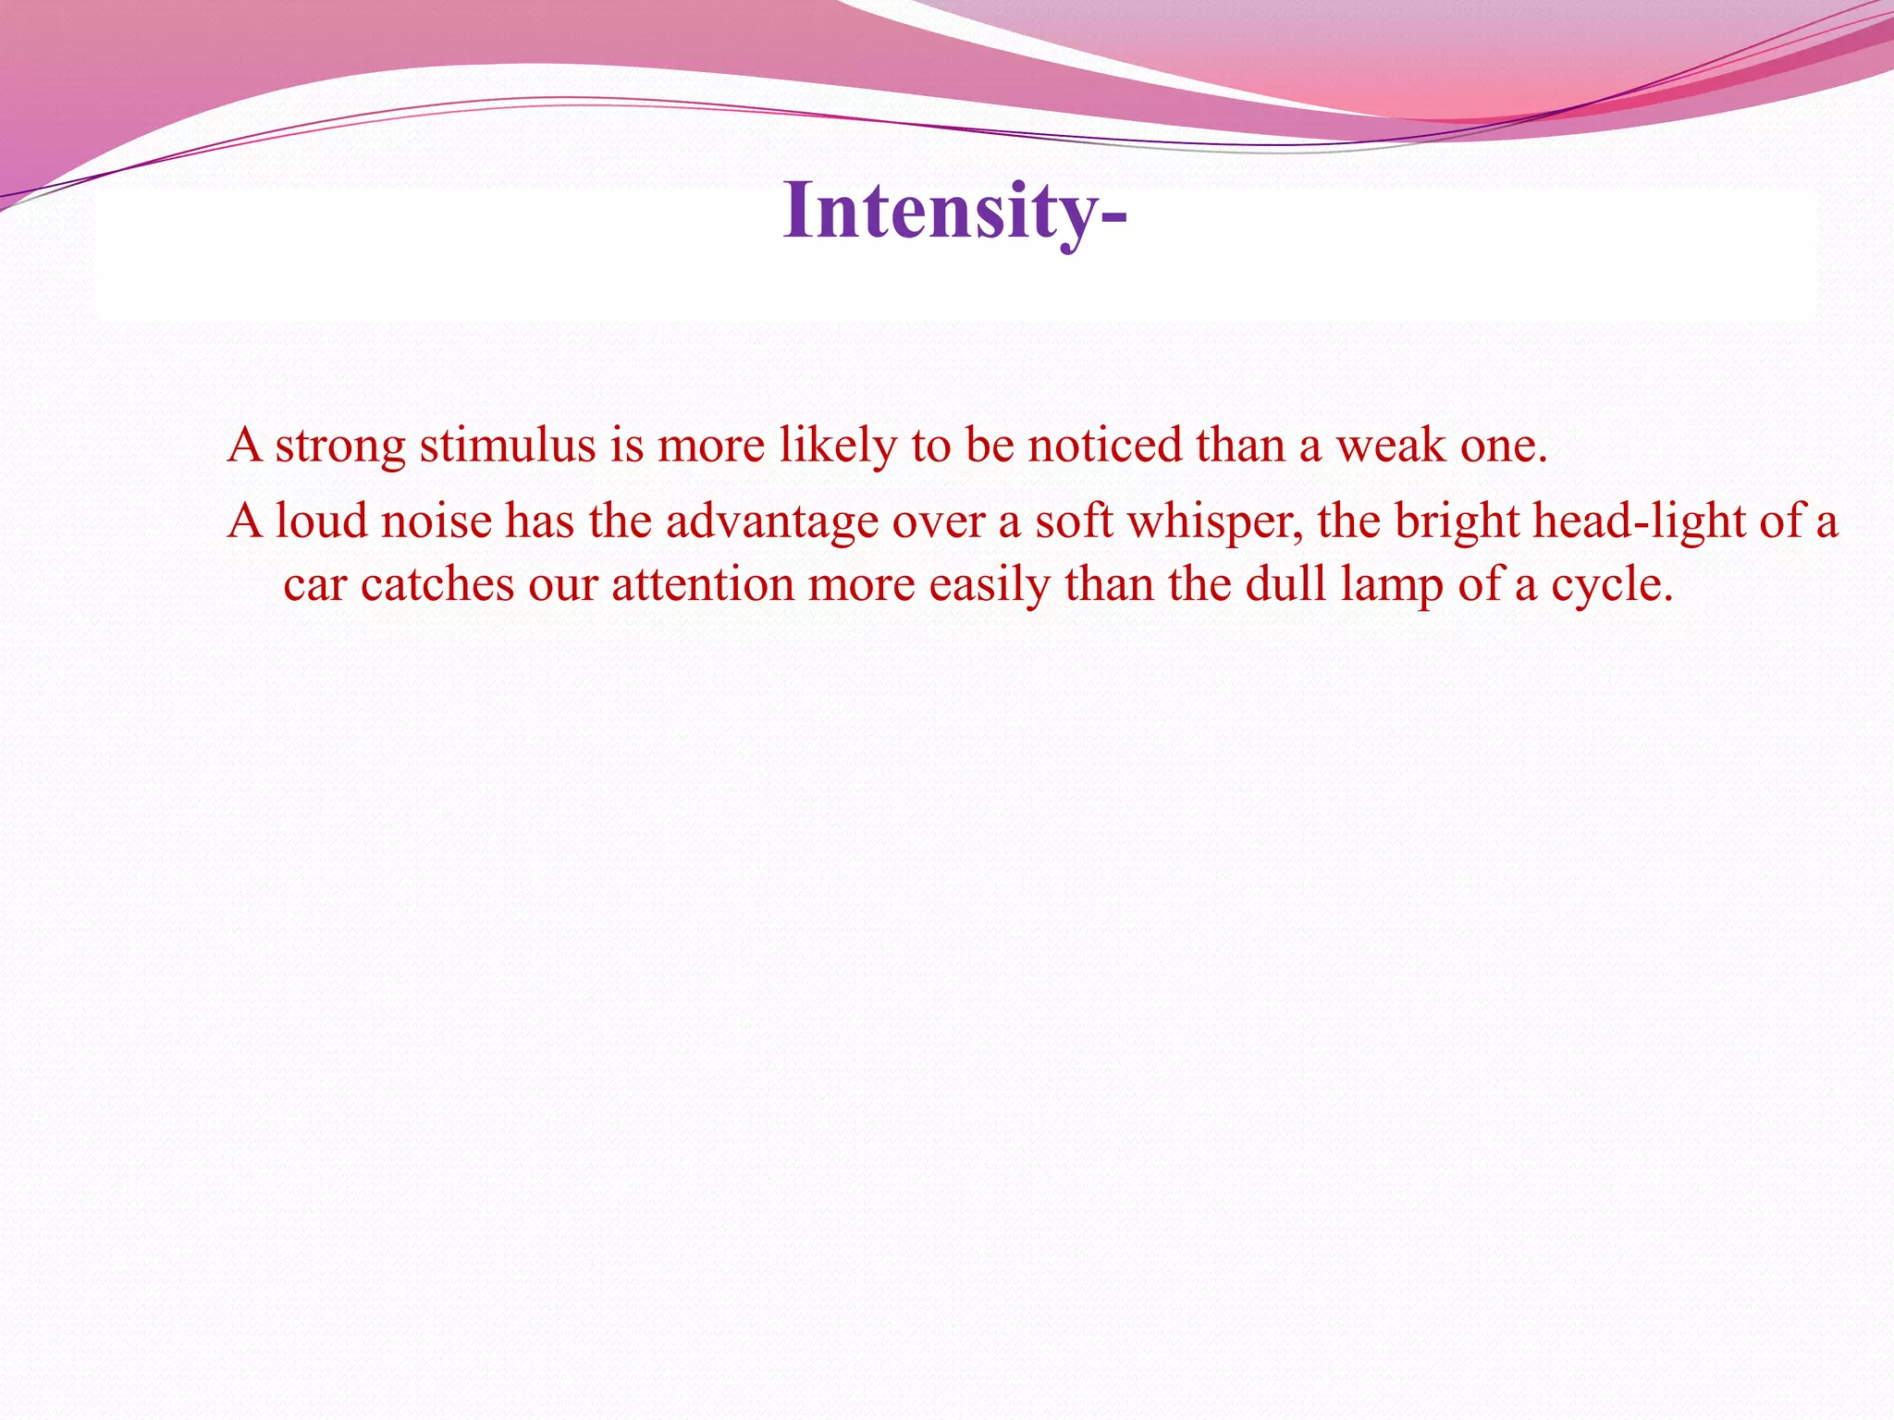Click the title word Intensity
coord(953,213)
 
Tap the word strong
coord(340,446)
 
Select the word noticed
coord(1104,446)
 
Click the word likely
coord(838,446)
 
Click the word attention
coord(703,585)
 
